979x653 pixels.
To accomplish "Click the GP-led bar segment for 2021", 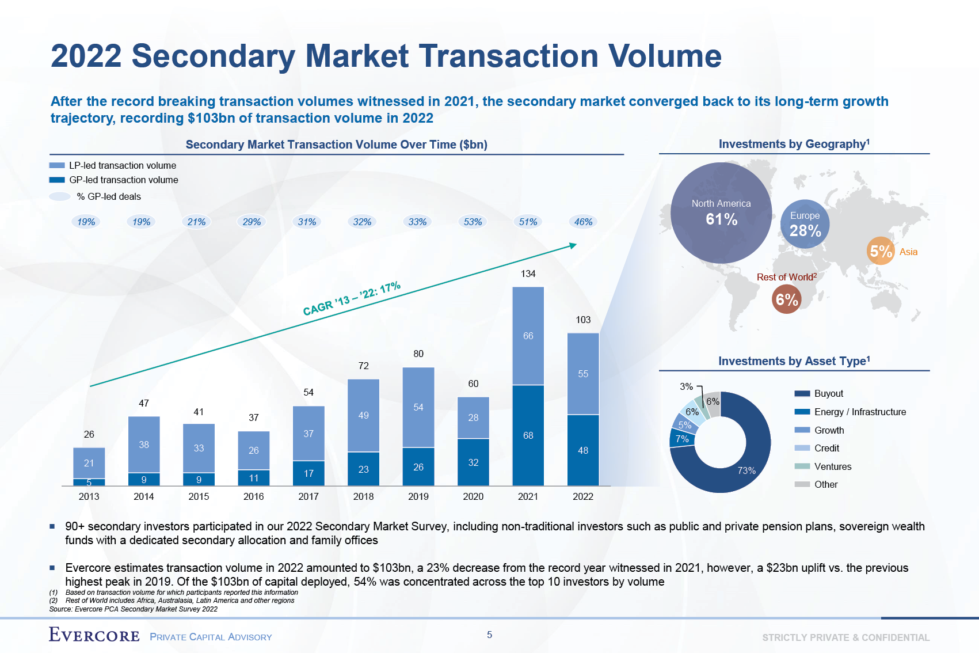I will click(528, 435).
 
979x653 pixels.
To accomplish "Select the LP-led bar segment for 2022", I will click(583, 374).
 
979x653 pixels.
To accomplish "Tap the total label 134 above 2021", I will click(528, 274).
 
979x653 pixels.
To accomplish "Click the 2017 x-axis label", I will click(308, 496).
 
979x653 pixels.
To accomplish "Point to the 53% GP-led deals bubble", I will click(473, 222).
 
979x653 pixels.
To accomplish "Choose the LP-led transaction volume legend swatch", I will click(57, 165).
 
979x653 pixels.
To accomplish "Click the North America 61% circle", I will click(721, 212).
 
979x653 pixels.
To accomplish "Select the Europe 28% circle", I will click(805, 224).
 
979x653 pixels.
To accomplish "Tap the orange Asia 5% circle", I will click(880, 251).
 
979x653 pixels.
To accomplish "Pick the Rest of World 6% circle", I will click(786, 299).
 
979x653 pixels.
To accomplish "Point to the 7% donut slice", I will click(682, 439).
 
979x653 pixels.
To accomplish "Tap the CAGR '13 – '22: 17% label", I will click(352, 299).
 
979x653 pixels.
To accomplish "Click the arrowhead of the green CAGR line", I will click(573, 245).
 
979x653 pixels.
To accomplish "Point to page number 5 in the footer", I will click(489, 635).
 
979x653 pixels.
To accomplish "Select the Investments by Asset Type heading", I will click(794, 361).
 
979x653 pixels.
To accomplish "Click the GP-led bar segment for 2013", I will click(89, 482).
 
